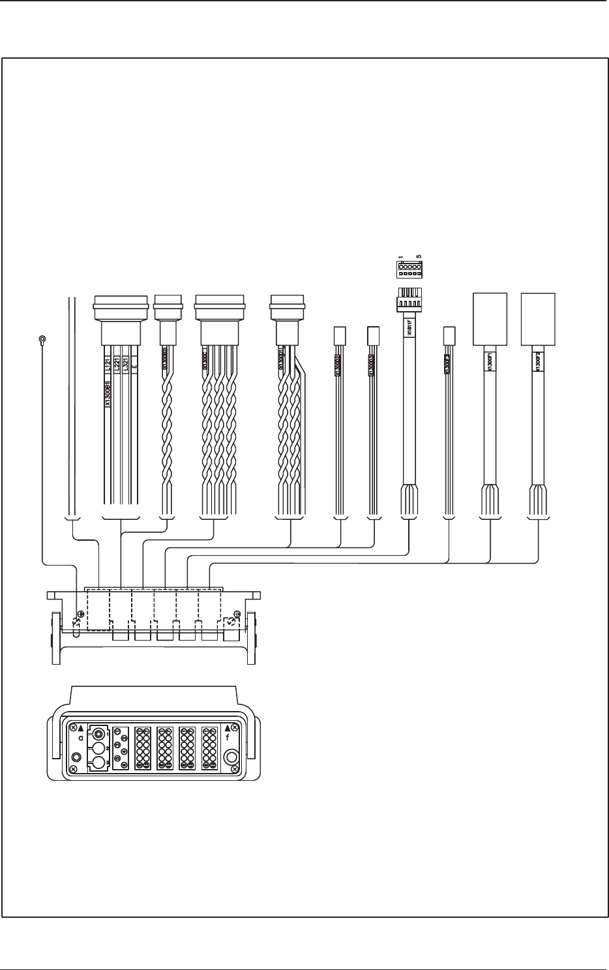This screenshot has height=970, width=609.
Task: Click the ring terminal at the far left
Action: pos(42,339)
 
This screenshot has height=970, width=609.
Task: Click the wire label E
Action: pos(134,367)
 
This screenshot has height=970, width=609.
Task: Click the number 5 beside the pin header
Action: pos(419,256)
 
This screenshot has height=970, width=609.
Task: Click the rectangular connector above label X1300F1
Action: pos(489,318)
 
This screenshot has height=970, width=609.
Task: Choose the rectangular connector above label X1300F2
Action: pos(538,318)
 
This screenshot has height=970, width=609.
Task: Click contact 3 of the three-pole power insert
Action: pos(98,763)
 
